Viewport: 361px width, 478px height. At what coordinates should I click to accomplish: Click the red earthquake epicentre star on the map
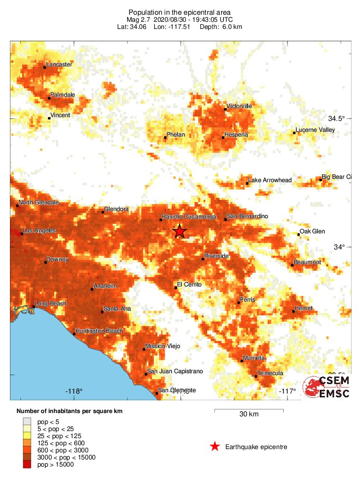pyautogui.click(x=179, y=231)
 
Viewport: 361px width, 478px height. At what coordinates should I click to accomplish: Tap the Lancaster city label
pyautogui.click(x=59, y=64)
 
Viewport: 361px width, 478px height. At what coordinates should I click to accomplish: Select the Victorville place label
pyautogui.click(x=239, y=106)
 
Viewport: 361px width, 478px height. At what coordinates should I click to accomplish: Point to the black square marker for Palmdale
pyautogui.click(x=49, y=98)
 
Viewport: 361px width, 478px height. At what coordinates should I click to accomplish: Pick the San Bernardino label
pyautogui.click(x=247, y=216)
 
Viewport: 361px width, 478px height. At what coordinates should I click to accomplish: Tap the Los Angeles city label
pyautogui.click(x=39, y=230)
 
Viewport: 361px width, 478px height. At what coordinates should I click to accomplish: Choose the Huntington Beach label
pyautogui.click(x=99, y=331)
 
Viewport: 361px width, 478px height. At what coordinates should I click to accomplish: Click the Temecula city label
pyautogui.click(x=270, y=373)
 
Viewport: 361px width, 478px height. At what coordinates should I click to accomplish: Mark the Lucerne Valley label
pyautogui.click(x=315, y=129)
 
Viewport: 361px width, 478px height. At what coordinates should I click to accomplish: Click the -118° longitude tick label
pyautogui.click(x=74, y=391)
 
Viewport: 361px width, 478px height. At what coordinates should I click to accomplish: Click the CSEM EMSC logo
pyautogui.click(x=327, y=387)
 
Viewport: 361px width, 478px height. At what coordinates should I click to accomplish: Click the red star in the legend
pyautogui.click(x=215, y=446)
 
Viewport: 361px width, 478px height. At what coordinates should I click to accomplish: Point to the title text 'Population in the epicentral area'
pyautogui.click(x=180, y=12)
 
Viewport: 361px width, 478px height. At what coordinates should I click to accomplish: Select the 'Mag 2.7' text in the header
pyautogui.click(x=138, y=19)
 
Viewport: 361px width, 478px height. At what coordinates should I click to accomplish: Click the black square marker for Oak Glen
pyautogui.click(x=298, y=234)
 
